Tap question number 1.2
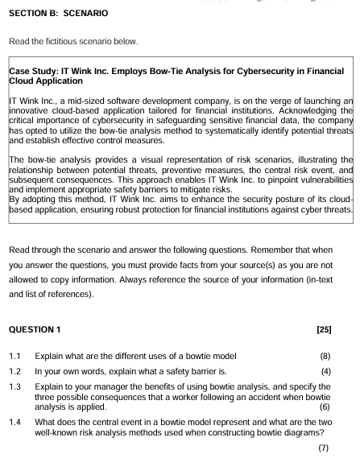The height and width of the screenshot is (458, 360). pos(14,372)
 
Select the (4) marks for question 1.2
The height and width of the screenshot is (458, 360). pos(335,372)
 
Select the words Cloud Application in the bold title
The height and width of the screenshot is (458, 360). pos(45,81)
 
